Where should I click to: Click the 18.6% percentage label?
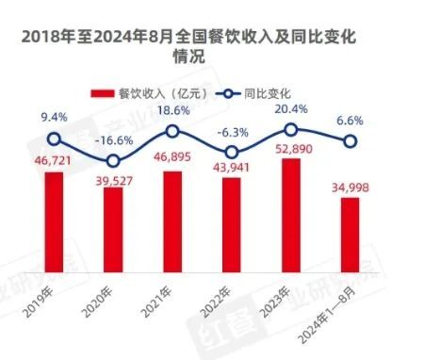173,111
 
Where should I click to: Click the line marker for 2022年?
232,153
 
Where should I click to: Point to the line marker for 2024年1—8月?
350,141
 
